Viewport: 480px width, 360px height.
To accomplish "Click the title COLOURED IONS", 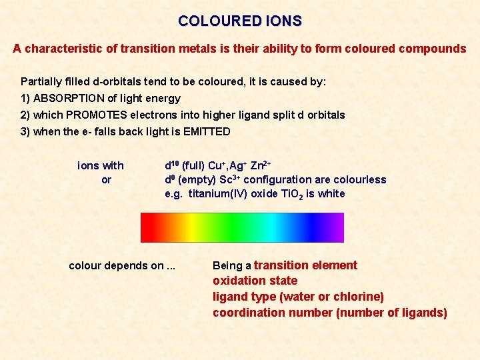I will pos(240,21).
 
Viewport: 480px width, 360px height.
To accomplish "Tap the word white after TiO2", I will pos(332,194).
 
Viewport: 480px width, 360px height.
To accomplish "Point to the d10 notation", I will pos(172,165).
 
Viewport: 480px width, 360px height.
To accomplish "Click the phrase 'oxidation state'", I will pos(255,281).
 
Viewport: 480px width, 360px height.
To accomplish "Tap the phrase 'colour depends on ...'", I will pos(122,265).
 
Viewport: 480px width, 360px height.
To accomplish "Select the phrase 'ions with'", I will pos(101,165).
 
